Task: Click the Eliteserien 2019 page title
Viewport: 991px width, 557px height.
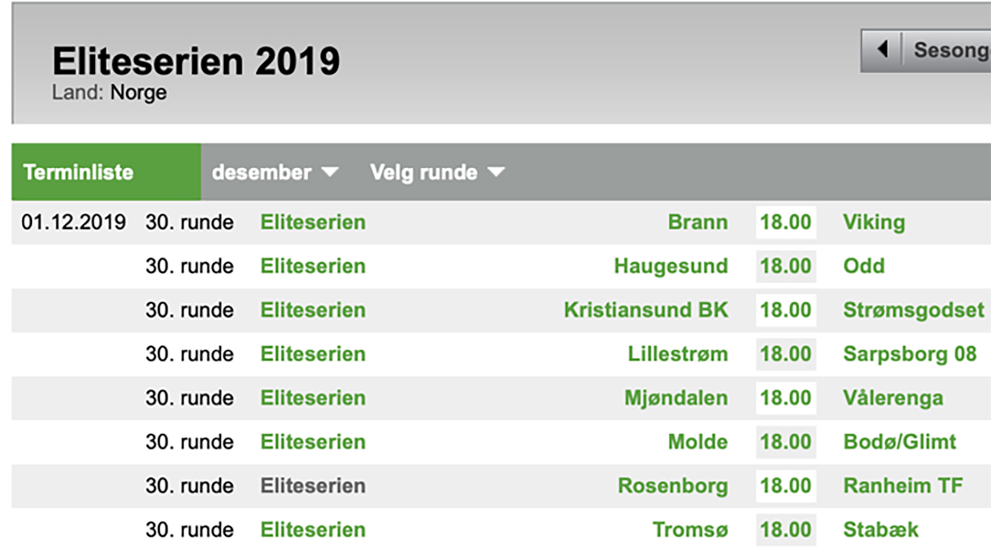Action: [196, 61]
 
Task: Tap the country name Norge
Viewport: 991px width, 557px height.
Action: [138, 93]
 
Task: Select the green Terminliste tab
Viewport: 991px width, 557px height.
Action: [79, 172]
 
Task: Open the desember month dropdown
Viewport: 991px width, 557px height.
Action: [274, 172]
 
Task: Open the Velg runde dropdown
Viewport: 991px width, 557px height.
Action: [437, 172]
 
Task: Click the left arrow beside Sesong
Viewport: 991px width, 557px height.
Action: [882, 50]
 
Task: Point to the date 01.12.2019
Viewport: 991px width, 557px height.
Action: [73, 222]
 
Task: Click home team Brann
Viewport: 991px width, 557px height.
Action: [697, 222]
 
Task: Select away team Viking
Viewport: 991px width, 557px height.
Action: [873, 222]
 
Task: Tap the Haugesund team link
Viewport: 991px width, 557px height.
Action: [671, 266]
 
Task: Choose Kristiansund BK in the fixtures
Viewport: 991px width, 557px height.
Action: [645, 310]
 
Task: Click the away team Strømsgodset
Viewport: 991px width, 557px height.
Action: [913, 310]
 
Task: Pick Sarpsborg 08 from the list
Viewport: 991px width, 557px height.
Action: [909, 354]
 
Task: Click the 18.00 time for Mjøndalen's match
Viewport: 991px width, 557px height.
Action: [785, 398]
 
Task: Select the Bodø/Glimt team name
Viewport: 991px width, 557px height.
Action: [899, 442]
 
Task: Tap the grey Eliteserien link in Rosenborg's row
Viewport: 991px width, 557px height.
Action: [312, 486]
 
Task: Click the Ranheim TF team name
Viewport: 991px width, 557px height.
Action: [902, 486]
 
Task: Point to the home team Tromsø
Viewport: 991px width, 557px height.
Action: [690, 530]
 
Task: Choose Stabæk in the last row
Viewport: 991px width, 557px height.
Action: [880, 530]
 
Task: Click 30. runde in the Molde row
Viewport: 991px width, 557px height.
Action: [190, 442]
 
